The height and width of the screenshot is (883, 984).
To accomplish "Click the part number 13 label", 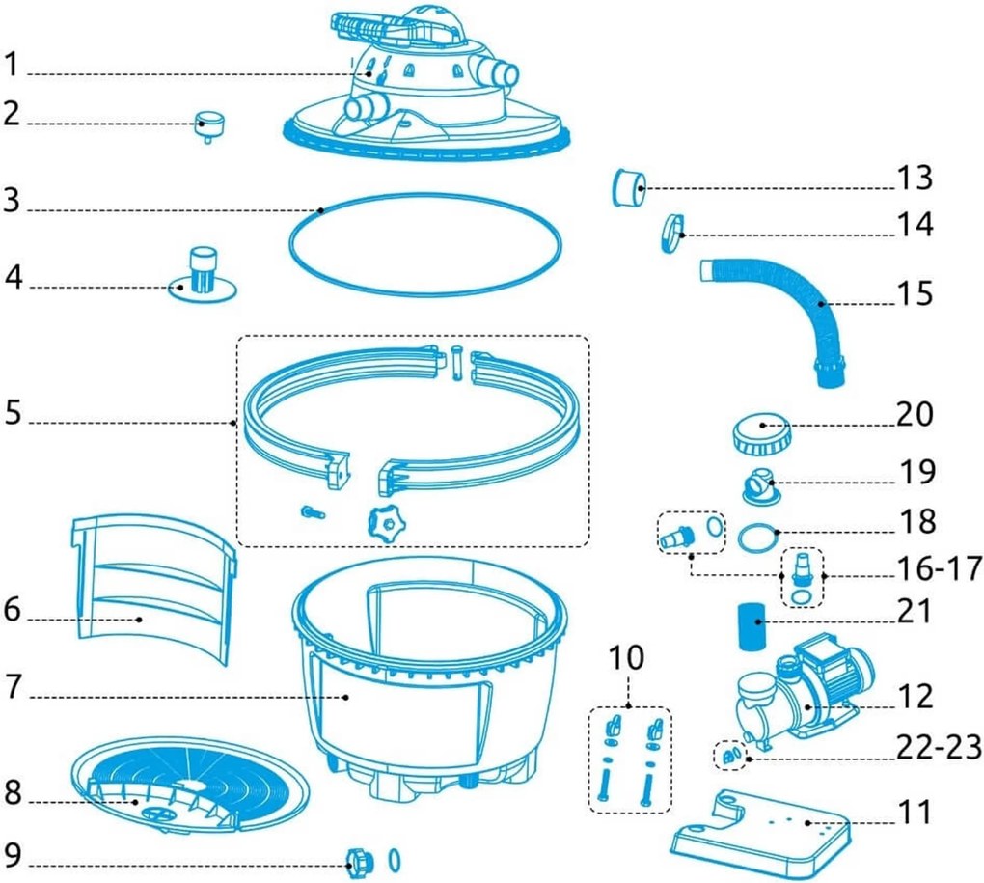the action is click(915, 178).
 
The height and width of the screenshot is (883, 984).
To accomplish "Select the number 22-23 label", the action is click(939, 747).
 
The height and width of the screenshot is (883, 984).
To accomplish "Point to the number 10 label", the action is click(626, 657).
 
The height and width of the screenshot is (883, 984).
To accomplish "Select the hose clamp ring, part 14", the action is click(672, 233).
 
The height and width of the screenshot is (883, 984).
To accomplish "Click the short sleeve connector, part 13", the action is click(629, 187).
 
